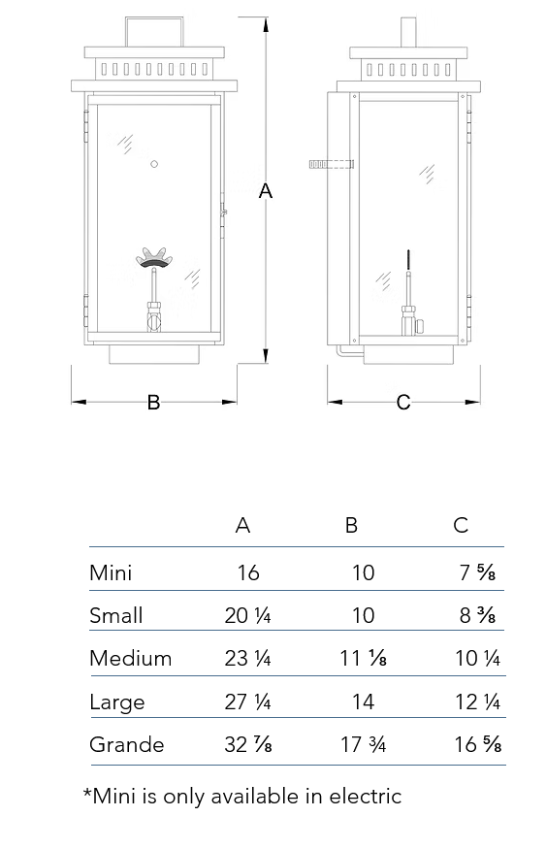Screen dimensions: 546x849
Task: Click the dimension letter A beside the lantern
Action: (265, 191)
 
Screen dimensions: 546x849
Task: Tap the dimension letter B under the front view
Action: (153, 403)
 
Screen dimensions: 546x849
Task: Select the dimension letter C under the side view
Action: (403, 403)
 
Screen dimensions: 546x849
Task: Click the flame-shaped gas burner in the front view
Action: (154, 257)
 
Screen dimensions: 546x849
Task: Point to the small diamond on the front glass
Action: (154, 164)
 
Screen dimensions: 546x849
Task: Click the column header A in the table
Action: (243, 525)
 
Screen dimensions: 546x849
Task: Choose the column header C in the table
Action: (461, 525)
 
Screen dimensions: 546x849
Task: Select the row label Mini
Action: (111, 572)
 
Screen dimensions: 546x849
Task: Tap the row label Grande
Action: (127, 744)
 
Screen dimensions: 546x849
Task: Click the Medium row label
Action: (130, 659)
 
